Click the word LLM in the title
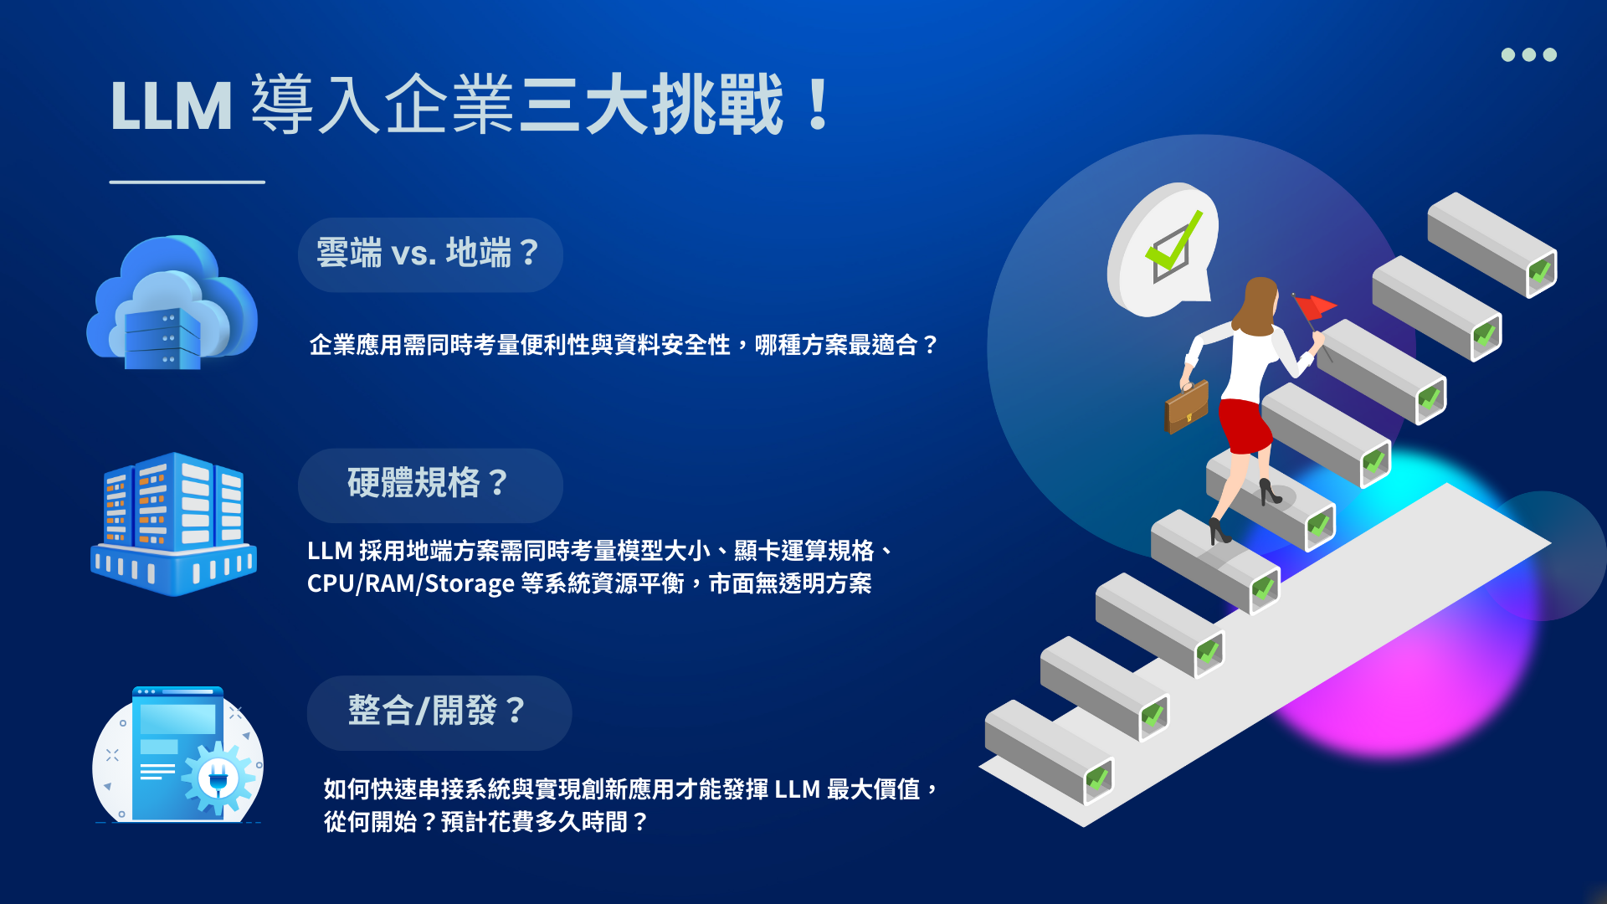pos(172,106)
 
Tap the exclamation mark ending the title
pos(818,104)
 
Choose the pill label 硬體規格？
pos(430,485)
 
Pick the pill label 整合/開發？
pos(439,712)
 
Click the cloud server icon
pos(172,302)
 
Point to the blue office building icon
pos(173,524)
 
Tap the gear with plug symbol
pos(218,778)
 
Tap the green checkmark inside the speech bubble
pos(1173,241)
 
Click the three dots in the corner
pos(1529,54)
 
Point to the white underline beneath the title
pos(187,182)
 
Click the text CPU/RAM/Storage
pos(411,583)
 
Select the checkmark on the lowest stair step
pos(1097,780)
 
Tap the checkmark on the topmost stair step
pos(1540,272)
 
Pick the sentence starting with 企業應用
pos(624,345)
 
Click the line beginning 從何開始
pos(486,822)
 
